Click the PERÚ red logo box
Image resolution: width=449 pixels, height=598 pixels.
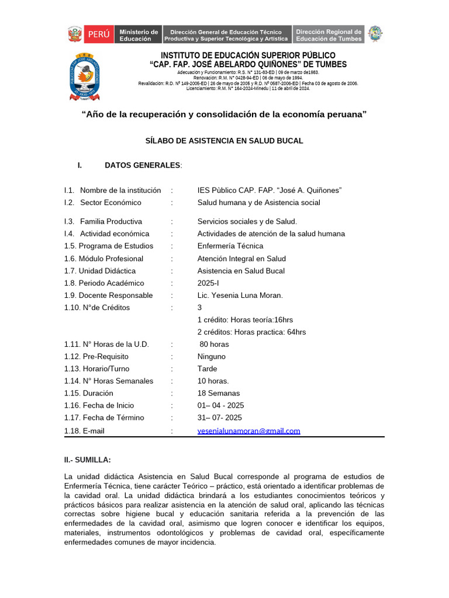click(99, 34)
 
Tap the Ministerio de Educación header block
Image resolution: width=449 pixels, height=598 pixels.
click(139, 35)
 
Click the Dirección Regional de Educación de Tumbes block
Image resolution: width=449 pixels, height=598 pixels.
click(328, 35)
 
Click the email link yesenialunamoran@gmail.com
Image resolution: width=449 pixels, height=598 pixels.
click(249, 430)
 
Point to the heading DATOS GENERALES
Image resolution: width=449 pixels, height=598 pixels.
click(143, 165)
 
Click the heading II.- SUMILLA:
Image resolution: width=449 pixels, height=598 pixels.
click(88, 460)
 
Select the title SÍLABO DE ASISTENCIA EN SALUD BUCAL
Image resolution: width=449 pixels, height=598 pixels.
click(224, 141)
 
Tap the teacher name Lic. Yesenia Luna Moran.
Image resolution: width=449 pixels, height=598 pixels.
click(240, 295)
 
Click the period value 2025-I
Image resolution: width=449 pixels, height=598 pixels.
click(209, 283)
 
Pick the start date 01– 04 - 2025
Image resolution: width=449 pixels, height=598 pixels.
click(221, 405)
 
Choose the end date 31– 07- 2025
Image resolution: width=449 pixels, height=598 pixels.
click(220, 418)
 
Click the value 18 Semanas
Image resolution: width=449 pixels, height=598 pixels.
click(219, 393)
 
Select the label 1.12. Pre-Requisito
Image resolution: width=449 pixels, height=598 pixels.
click(96, 356)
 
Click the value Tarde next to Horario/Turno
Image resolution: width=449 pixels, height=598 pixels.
click(208, 368)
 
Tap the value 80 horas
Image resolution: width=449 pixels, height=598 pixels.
click(214, 344)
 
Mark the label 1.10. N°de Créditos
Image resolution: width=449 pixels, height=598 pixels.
click(97, 307)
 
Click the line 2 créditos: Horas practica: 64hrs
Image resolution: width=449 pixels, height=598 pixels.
click(252, 332)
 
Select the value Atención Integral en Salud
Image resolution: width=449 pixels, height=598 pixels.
click(242, 258)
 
